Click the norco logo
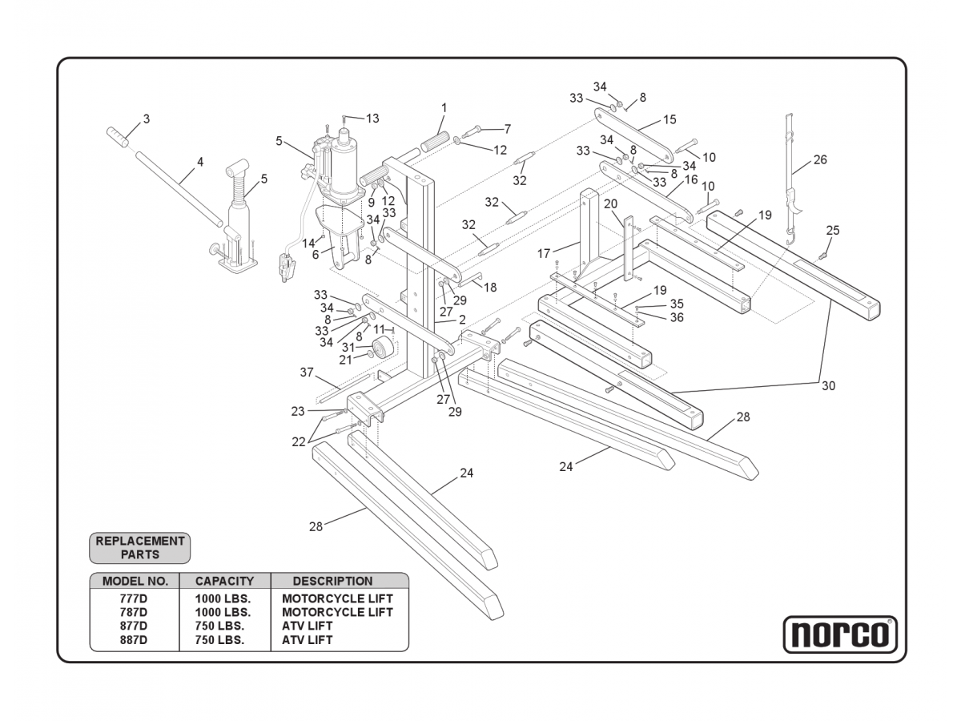tap(839, 634)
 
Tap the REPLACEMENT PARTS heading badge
tap(140, 547)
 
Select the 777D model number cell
tap(133, 598)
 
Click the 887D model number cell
tap(133, 640)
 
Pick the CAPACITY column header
tap(224, 581)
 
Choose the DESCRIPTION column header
tap(332, 581)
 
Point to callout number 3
tap(146, 119)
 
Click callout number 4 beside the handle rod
tap(200, 162)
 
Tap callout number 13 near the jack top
tap(372, 119)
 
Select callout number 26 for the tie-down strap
tap(820, 159)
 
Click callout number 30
tap(828, 385)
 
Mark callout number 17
tap(545, 253)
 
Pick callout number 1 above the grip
tap(444, 107)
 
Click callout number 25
tap(833, 231)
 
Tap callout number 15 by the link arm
tap(669, 119)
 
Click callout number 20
tap(610, 203)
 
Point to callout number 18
tap(490, 287)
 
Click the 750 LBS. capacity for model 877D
tap(219, 626)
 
